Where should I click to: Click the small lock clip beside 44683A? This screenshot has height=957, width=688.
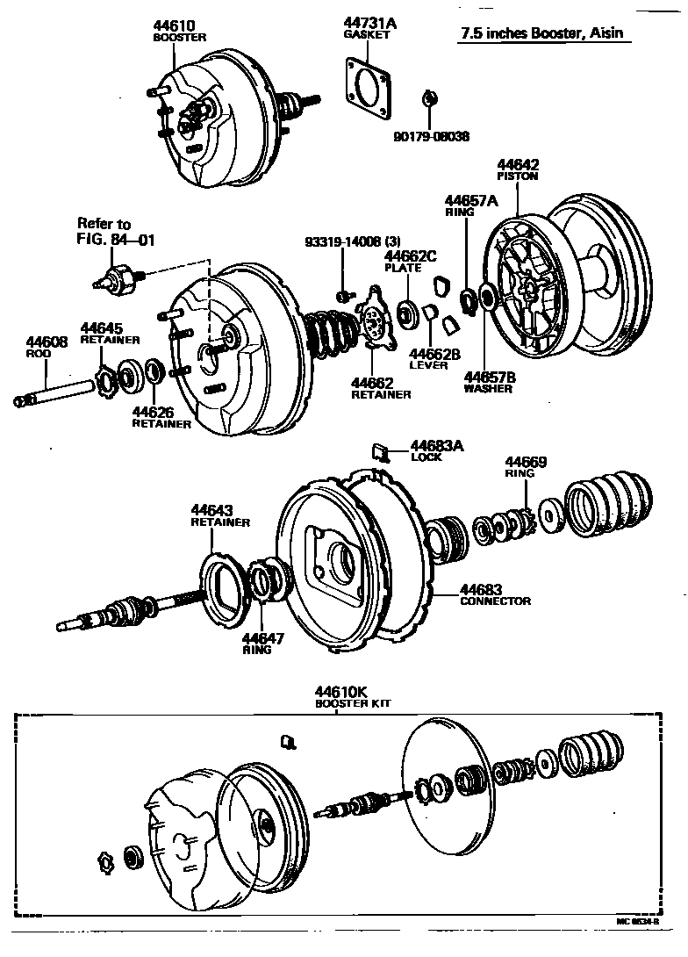point(380,451)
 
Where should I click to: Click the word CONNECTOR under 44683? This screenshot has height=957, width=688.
point(495,601)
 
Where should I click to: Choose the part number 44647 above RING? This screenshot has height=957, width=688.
point(263,638)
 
